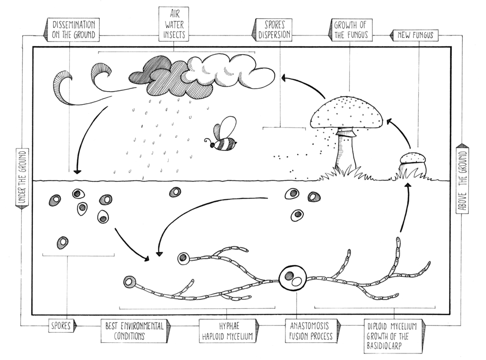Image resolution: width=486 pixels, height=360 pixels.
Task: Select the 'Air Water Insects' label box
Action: [173, 25]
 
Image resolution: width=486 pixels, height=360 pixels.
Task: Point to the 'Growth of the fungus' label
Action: [350, 30]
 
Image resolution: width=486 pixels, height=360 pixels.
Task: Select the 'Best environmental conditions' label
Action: [134, 331]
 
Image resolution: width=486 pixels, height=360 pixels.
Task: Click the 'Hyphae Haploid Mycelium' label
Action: [227, 331]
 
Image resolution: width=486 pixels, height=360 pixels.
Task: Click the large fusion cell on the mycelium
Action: [293, 278]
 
